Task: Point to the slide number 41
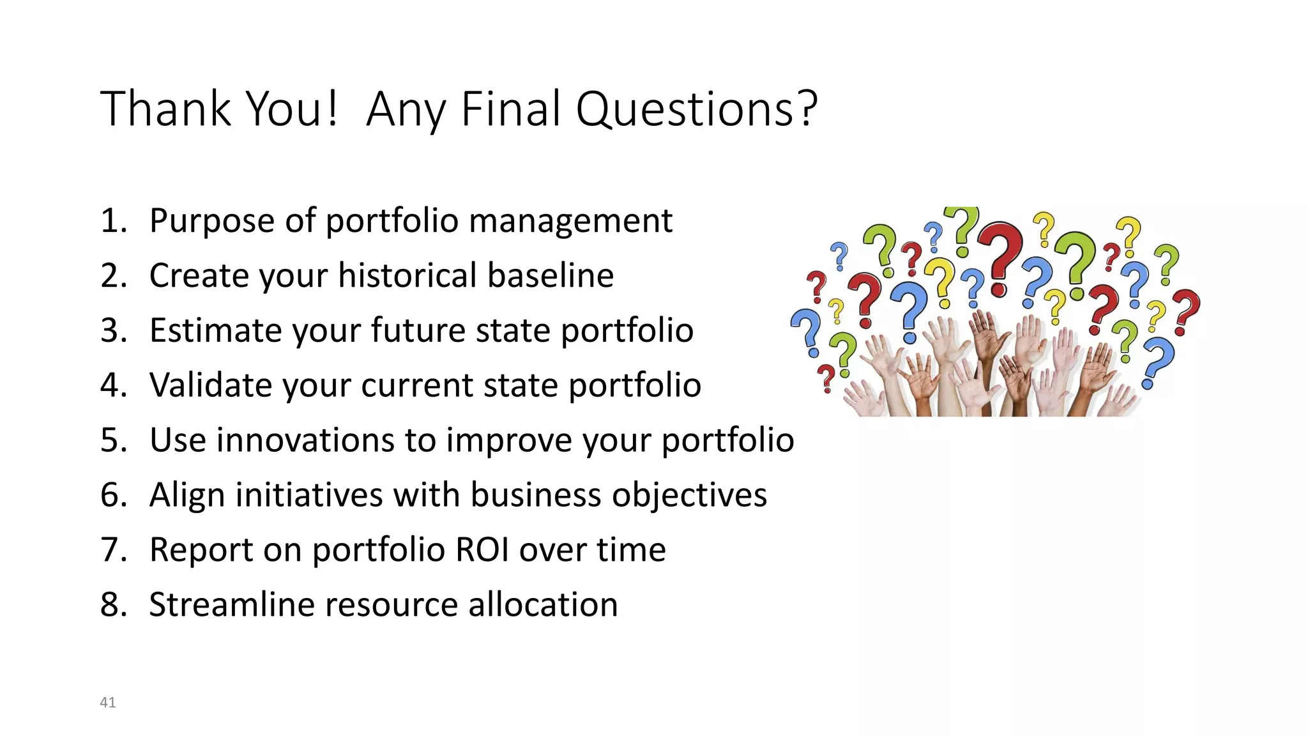click(108, 702)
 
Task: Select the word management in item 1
click(570, 221)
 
